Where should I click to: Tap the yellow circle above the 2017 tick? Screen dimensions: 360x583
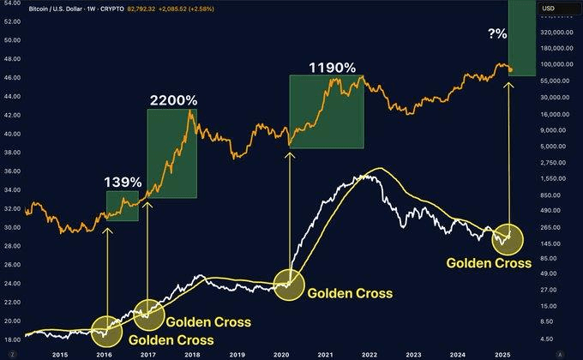click(x=148, y=313)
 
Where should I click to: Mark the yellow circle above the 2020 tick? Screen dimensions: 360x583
click(x=290, y=284)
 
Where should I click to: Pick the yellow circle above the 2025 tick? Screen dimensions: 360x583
click(x=509, y=242)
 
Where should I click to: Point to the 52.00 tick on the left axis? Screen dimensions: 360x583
click(x=12, y=16)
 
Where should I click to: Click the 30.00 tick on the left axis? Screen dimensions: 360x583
click(x=12, y=227)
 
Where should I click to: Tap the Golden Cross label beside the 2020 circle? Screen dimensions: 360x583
click(x=350, y=293)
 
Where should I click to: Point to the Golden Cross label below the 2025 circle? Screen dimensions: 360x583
click(x=489, y=263)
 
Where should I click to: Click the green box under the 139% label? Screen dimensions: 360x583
click(x=122, y=207)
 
